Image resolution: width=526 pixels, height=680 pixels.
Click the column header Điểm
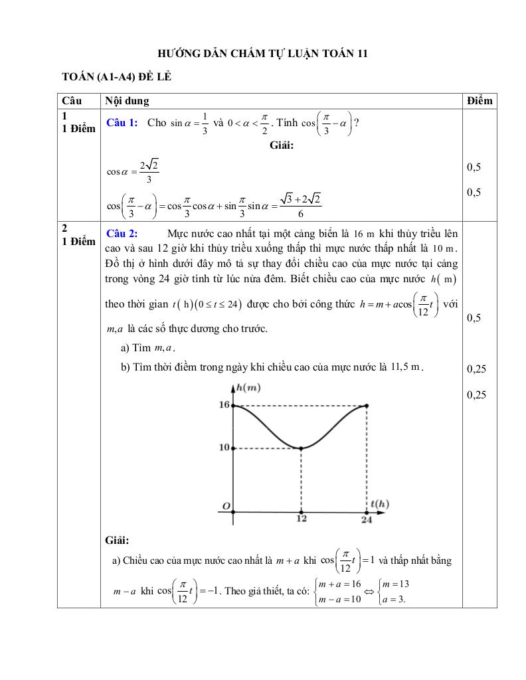pos(480,100)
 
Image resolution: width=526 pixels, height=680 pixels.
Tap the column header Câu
pos(71,100)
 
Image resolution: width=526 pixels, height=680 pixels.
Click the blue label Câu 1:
pos(122,122)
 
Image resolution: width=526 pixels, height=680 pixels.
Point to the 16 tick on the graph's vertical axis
pos(224,404)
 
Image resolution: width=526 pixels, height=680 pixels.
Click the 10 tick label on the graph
pos(224,448)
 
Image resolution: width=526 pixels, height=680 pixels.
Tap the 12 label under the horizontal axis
pos(302,519)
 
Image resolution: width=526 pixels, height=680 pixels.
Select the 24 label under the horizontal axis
pos(367,519)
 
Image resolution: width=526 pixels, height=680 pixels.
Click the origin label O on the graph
pos(226,507)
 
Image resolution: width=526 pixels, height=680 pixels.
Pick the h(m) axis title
pos(248,388)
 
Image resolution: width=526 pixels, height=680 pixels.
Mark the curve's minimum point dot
pos(302,448)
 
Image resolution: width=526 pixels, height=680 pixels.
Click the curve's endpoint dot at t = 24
pos(367,405)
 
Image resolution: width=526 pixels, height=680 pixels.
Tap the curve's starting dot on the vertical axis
pos(233,405)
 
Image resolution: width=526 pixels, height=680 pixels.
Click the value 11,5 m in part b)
pos(407,367)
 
